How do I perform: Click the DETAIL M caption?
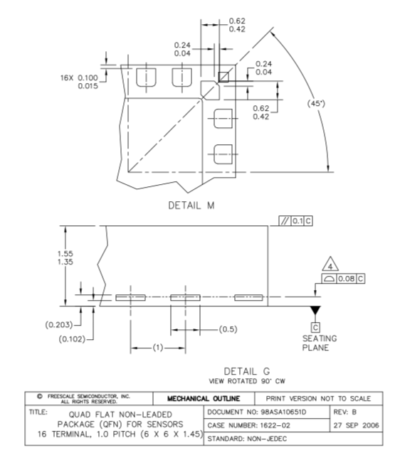pos(191,205)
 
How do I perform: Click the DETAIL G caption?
pos(247,371)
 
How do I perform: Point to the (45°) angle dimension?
pos(316,104)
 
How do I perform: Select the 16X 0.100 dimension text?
pos(79,77)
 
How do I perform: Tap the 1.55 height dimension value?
pos(65,254)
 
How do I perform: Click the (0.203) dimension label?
pos(59,325)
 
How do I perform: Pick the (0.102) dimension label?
pos(73,339)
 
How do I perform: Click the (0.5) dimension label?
pos(228,329)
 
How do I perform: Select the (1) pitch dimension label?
pos(158,348)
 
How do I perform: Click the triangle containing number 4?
pos(330,264)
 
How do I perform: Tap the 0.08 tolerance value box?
pos(346,279)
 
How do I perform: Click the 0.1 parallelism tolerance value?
pos(298,221)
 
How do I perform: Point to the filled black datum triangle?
pos(315,310)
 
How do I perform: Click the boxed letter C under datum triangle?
pos(315,327)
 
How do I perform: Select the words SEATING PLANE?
pos(320,343)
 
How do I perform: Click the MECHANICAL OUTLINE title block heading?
pos(204,399)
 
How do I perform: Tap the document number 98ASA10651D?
pos(283,412)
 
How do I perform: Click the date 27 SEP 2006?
pos(357,425)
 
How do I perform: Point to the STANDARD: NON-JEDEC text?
pos(247,439)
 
